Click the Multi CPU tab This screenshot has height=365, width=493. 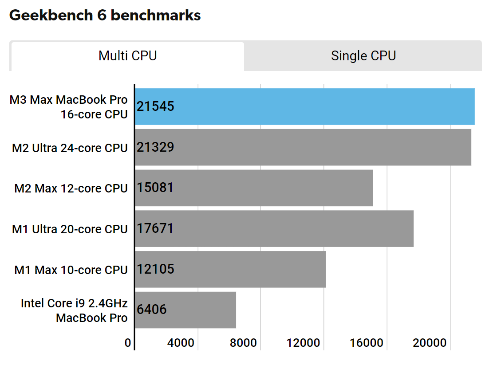[127, 56]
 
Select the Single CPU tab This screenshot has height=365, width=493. [363, 56]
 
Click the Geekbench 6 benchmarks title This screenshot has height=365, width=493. [105, 16]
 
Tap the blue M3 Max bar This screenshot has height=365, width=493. [304, 106]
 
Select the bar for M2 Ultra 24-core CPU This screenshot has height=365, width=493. [303, 147]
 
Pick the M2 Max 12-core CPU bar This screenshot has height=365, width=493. [253, 188]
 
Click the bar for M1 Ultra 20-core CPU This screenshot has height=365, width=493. [274, 229]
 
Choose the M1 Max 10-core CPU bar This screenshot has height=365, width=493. [230, 270]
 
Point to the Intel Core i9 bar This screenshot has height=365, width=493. [185, 310]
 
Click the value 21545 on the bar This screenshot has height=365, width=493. [155, 106]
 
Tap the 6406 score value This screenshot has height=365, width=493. [152, 309]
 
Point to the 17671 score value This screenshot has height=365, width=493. [155, 228]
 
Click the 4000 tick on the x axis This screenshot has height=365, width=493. [181, 343]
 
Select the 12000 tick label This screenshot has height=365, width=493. [307, 343]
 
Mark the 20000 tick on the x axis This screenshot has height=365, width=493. [433, 343]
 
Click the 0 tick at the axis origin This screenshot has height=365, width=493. [128, 343]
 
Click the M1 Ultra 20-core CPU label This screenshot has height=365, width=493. [70, 229]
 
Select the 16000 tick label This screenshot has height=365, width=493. [370, 343]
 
